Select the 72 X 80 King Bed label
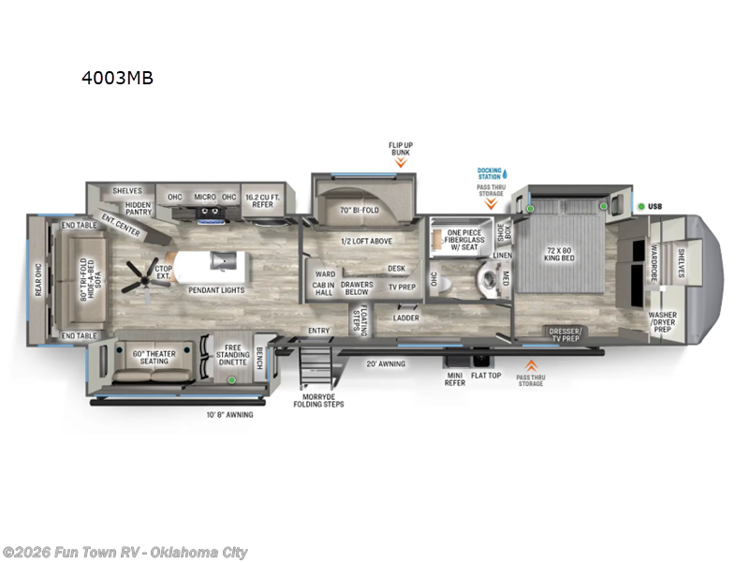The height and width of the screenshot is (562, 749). (558, 252)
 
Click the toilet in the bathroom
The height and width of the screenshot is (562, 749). (486, 276)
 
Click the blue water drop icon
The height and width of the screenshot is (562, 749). (504, 173)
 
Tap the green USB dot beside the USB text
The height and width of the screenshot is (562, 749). (641, 206)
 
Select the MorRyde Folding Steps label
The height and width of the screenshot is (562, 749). (319, 400)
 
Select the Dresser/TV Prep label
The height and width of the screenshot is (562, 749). (565, 334)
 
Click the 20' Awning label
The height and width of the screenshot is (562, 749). (385, 363)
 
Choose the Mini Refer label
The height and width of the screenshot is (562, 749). (454, 377)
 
